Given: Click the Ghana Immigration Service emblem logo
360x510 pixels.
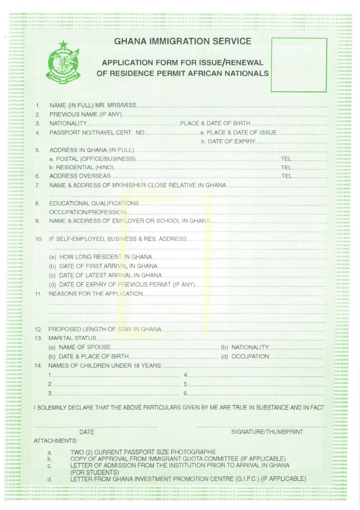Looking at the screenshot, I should [63, 63].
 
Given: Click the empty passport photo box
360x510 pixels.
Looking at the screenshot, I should [299, 65].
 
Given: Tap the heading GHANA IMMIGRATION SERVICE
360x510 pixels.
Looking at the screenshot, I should [183, 41].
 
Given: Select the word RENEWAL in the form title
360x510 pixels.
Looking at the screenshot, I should [245, 63].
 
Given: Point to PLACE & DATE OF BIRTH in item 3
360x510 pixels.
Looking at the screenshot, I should [215, 123].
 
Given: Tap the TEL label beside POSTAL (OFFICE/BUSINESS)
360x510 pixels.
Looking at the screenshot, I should [286, 159].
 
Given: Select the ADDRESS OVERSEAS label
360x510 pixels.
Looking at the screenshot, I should [80, 176].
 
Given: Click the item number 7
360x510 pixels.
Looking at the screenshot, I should [37, 186].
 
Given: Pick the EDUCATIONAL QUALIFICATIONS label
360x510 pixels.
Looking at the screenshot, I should [94, 203].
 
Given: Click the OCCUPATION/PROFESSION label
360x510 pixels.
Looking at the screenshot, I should [88, 212].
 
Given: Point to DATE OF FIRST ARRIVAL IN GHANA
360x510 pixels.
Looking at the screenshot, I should [108, 266].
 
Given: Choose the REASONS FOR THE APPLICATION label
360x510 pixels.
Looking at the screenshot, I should [96, 294].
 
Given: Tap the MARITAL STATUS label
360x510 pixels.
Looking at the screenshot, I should [72, 338].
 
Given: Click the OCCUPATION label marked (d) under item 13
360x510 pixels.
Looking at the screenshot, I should [250, 356].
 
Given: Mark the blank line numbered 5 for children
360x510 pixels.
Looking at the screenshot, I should [255, 385].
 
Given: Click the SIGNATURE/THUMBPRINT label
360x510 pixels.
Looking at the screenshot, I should [267, 432].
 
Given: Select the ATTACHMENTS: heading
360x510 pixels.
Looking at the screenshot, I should [55, 441].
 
